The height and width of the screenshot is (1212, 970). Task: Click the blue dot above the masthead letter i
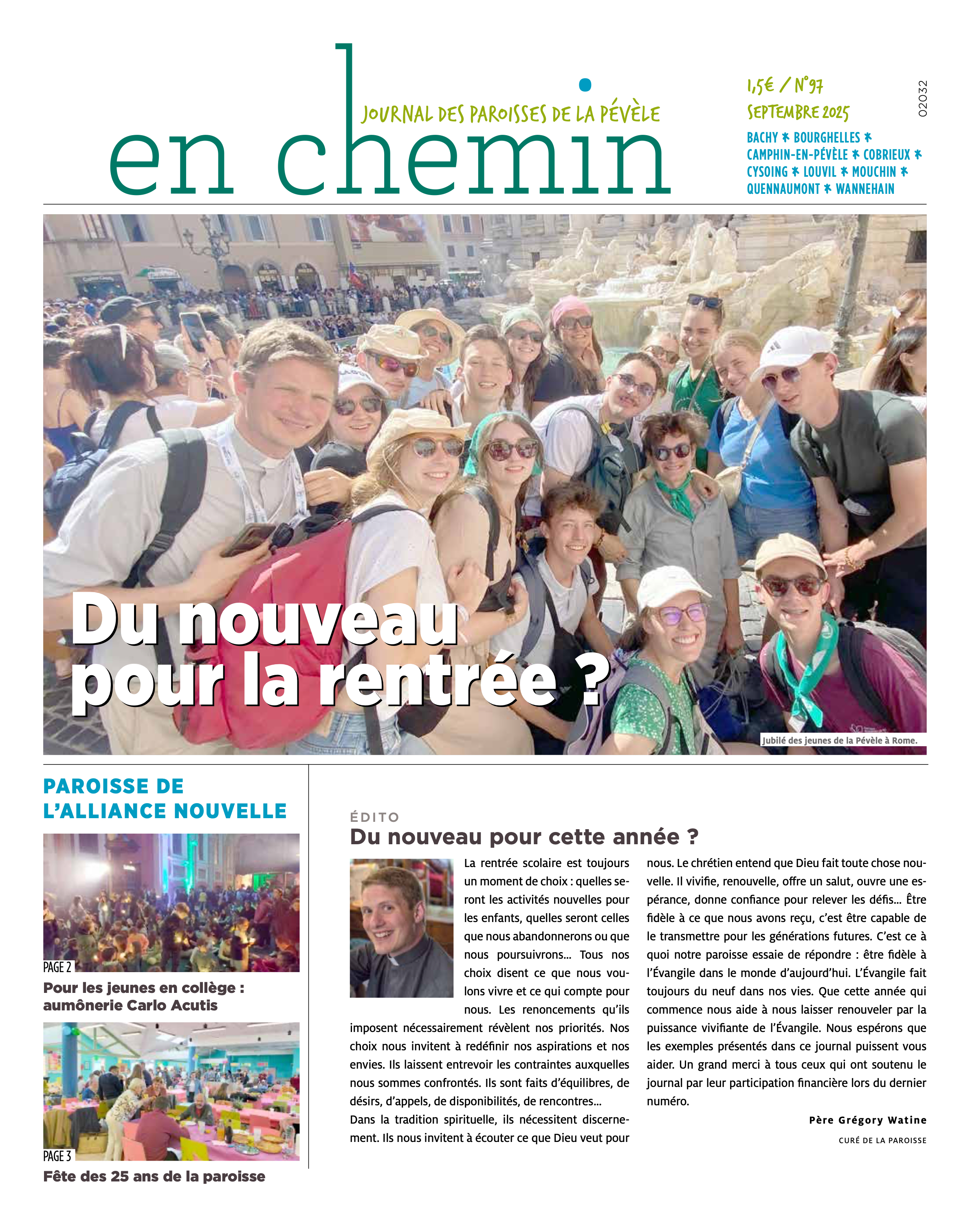(585, 85)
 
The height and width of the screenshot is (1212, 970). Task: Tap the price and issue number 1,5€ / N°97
(785, 86)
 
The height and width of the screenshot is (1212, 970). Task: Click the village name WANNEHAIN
(865, 189)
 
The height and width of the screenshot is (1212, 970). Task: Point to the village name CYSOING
(767, 172)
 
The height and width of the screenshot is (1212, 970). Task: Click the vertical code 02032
(922, 99)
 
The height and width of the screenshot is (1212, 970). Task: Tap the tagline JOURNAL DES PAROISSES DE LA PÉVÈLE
(510, 114)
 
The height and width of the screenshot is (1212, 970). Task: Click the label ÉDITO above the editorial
(374, 817)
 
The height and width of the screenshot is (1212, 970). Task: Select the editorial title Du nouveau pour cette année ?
(524, 837)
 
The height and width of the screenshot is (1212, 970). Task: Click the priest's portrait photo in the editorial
(402, 928)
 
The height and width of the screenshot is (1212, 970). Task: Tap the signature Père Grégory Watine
(867, 1120)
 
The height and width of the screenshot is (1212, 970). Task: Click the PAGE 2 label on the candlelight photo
(57, 967)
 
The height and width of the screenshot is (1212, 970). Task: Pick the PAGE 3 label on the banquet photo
(57, 1156)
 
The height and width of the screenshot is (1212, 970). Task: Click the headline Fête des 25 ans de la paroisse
(154, 1177)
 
